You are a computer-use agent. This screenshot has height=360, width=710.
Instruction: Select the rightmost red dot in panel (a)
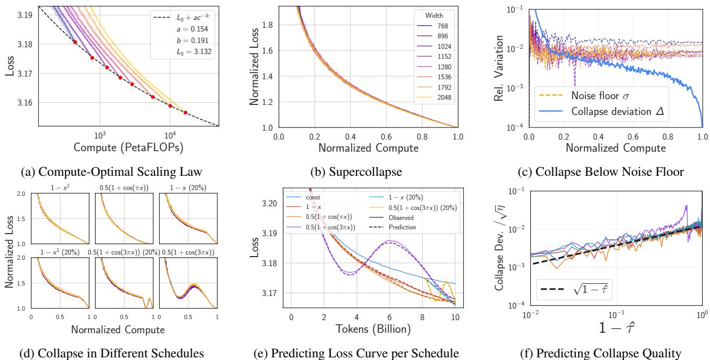click(x=185, y=112)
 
